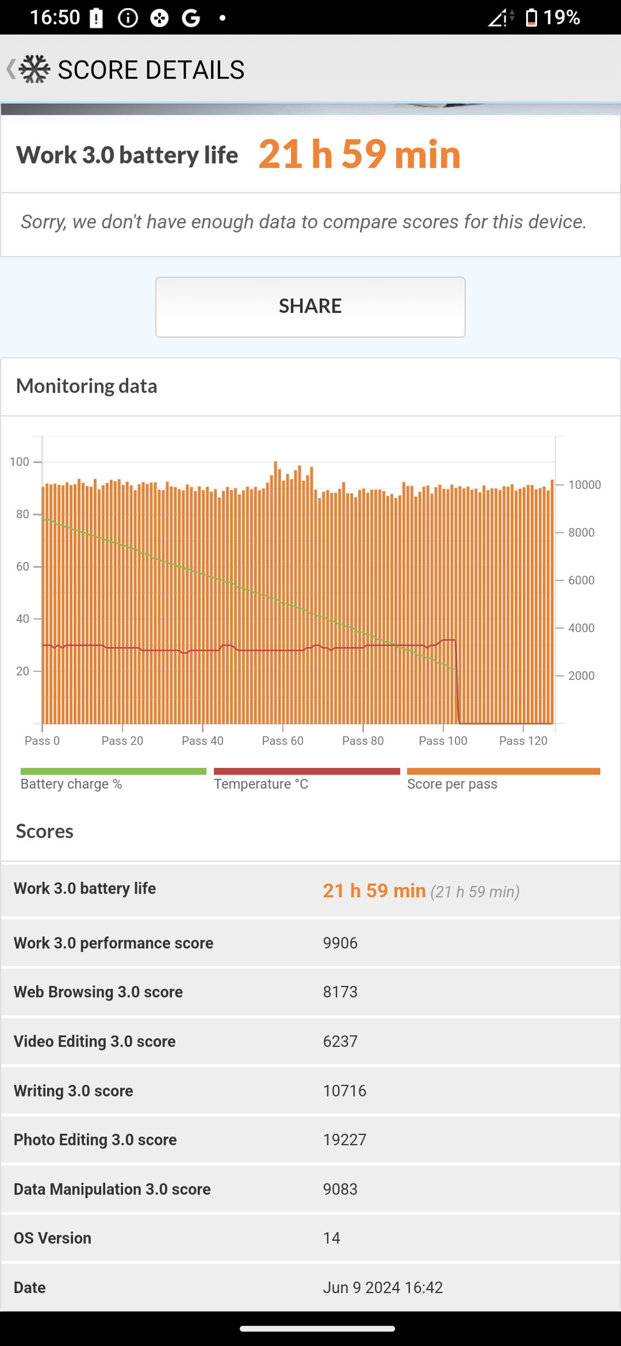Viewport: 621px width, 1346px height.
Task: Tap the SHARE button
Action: [x=310, y=307]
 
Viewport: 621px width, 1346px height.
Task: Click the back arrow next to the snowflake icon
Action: [x=10, y=69]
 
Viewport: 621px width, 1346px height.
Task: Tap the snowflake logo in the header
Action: [x=35, y=69]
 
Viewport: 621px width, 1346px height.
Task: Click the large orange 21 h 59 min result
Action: [x=359, y=154]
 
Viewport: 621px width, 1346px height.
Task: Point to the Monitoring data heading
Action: [x=87, y=386]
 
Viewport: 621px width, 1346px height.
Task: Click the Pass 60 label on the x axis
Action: [x=282, y=740]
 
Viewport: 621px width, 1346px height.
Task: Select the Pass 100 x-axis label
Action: [x=443, y=740]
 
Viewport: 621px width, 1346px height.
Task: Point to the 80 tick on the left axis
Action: [x=23, y=514]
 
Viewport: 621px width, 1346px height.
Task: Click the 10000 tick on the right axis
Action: [x=584, y=485]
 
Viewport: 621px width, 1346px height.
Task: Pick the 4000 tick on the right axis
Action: [x=581, y=628]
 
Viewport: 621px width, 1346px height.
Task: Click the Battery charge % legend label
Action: [x=71, y=784]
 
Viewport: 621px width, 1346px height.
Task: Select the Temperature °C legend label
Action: [x=261, y=784]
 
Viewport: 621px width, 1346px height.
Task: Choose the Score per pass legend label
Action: [x=452, y=784]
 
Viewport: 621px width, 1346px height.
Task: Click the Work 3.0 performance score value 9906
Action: [x=340, y=943]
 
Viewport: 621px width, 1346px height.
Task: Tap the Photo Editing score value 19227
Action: [x=345, y=1139]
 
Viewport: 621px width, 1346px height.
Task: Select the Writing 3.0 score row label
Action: [x=73, y=1090]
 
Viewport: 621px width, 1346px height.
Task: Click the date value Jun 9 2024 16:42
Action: [x=383, y=1287]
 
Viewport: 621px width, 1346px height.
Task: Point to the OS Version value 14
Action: [x=332, y=1238]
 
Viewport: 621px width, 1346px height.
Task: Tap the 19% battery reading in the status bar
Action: [x=561, y=18]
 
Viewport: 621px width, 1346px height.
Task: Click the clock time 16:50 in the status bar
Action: [x=55, y=18]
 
